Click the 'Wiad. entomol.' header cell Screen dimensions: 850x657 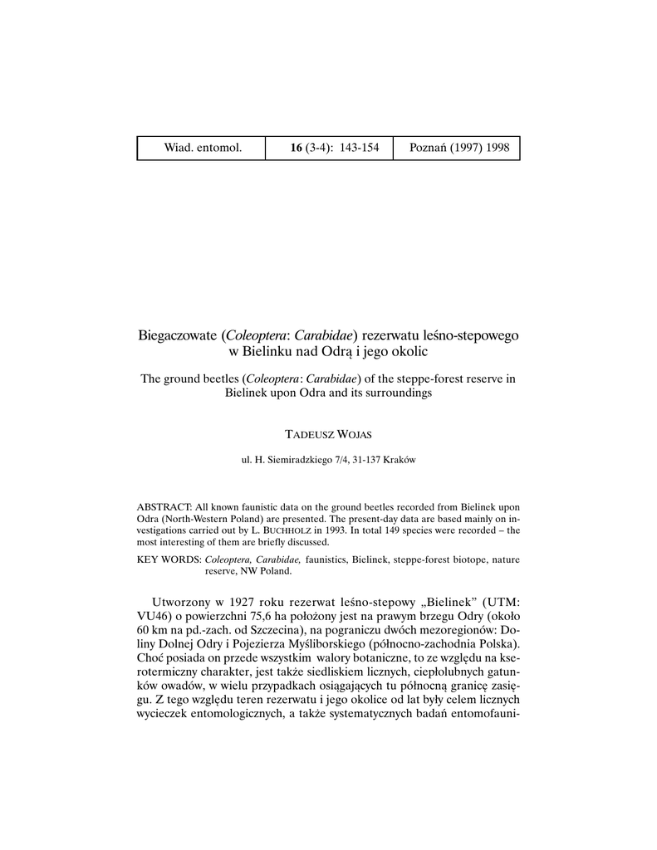click(203, 148)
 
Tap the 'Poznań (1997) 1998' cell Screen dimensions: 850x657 click(459, 148)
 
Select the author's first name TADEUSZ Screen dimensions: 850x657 click(308, 433)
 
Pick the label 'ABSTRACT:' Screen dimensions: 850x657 click(164, 506)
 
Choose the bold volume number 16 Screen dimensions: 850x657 click(297, 148)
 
